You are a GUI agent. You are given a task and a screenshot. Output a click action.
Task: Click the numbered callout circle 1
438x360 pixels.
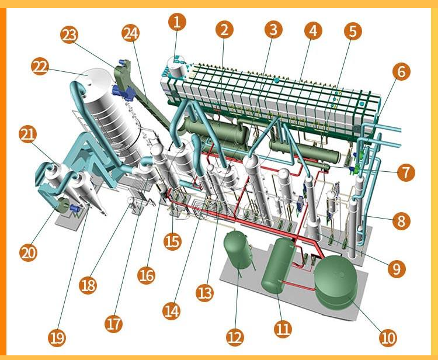click(177, 22)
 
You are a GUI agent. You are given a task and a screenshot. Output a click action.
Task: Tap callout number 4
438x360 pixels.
click(313, 30)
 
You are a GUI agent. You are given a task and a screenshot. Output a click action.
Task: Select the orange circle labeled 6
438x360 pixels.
click(401, 71)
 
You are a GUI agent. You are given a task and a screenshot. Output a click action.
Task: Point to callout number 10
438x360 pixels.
click(388, 337)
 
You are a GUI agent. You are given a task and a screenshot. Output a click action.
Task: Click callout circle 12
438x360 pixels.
click(235, 337)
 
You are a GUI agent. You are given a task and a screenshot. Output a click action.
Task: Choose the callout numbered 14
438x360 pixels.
click(172, 311)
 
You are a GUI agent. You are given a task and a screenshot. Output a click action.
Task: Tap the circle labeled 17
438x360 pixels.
click(113, 324)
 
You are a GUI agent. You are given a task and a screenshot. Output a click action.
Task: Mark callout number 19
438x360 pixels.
click(57, 338)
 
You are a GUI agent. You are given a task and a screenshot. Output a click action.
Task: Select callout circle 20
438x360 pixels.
click(28, 253)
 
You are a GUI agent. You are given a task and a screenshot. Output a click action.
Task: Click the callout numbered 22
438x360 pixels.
click(40, 67)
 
